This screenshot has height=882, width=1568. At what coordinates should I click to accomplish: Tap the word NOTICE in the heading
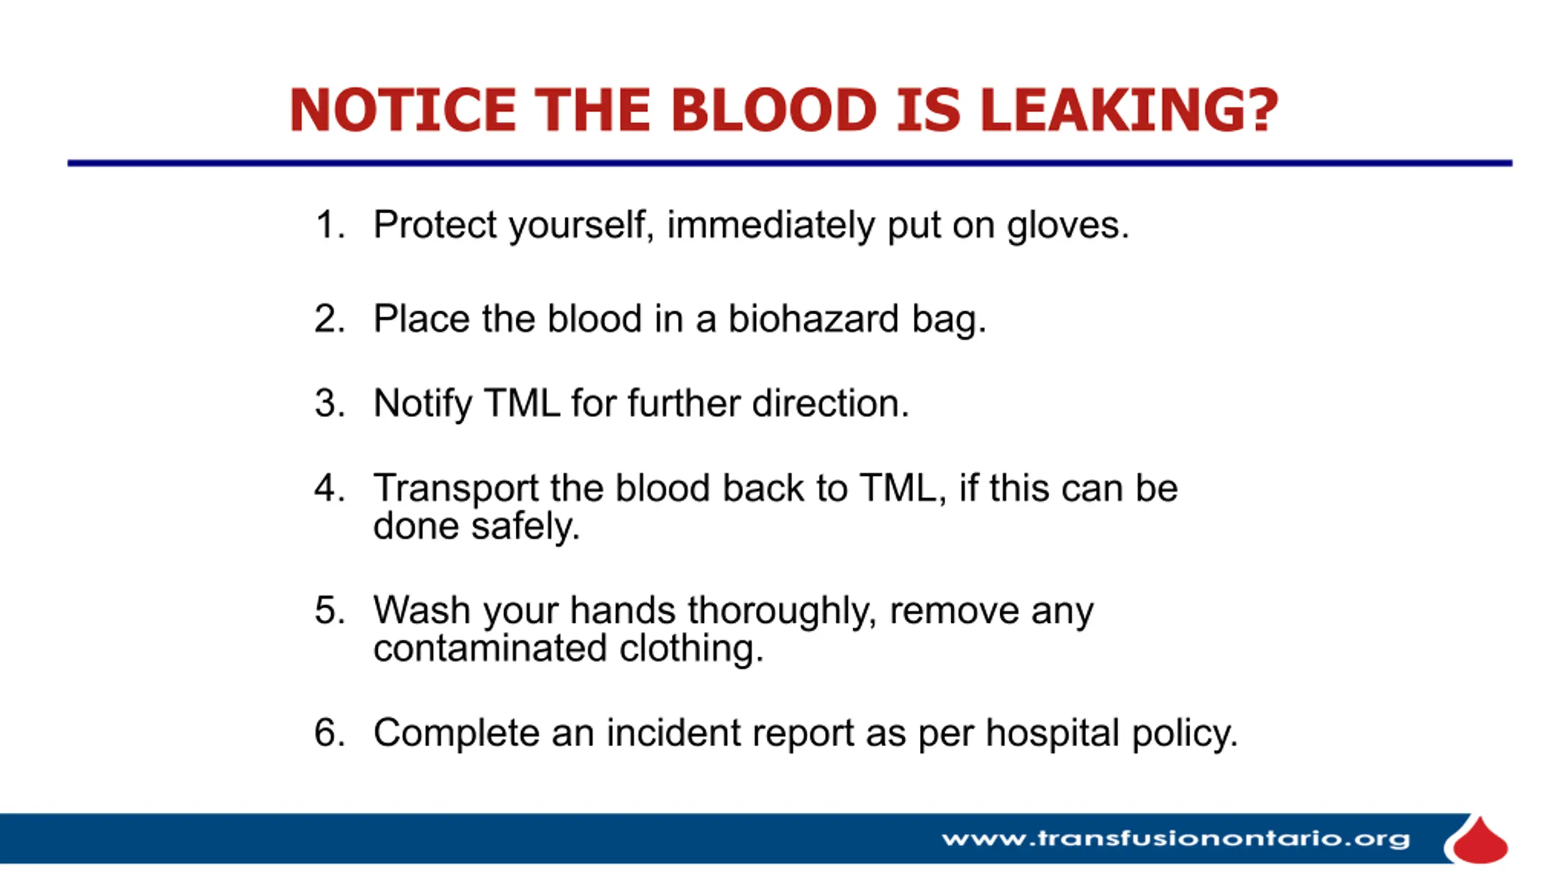pyautogui.click(x=402, y=110)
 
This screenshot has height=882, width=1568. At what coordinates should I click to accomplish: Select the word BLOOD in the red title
pyautogui.click(x=774, y=110)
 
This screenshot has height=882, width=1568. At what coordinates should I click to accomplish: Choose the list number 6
pyautogui.click(x=330, y=732)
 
